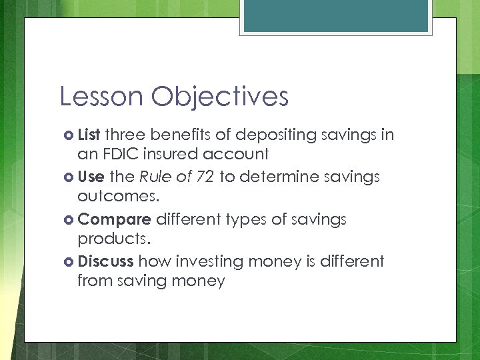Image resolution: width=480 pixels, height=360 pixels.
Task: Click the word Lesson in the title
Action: (x=101, y=97)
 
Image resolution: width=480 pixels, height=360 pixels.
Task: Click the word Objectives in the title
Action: (x=219, y=97)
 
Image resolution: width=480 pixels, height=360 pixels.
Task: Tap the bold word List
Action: (x=89, y=135)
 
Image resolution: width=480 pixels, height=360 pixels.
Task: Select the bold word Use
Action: (x=90, y=177)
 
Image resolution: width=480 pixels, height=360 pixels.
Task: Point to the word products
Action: (x=113, y=239)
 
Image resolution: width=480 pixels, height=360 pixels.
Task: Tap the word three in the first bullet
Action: (x=125, y=135)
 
